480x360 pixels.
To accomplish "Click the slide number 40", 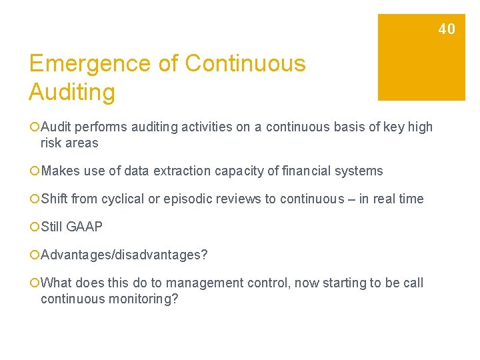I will (447, 29).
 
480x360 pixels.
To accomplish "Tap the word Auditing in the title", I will (72, 92).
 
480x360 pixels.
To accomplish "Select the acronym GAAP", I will (85, 227).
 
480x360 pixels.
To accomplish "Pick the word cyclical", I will (121, 199).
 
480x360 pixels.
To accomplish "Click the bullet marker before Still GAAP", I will (34, 227).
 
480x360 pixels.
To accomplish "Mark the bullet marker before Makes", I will (34, 171).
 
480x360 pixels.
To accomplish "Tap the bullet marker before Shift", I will (34, 199).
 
